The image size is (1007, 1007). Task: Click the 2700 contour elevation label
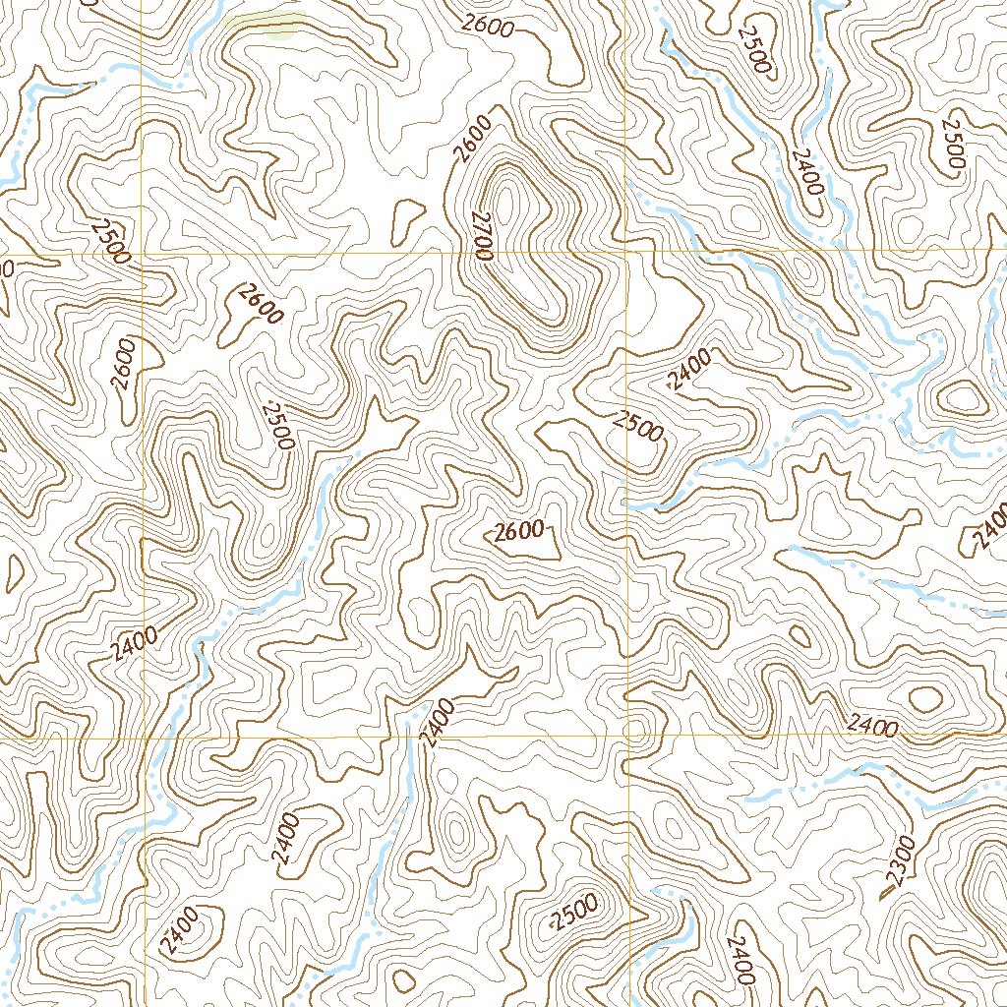coord(481,235)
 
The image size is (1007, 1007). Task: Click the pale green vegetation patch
coord(264,24)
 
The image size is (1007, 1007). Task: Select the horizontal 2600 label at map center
coord(519,533)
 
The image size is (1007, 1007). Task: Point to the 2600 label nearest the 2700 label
coord(473,139)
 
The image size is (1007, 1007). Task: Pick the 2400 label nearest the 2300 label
coord(872,728)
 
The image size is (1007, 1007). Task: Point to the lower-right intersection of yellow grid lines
coord(626,736)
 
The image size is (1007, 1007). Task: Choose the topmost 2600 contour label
coord(488,27)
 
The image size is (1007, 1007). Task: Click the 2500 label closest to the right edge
coord(953,143)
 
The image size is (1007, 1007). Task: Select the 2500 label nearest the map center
coord(637,425)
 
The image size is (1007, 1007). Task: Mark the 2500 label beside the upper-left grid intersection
coord(109,241)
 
